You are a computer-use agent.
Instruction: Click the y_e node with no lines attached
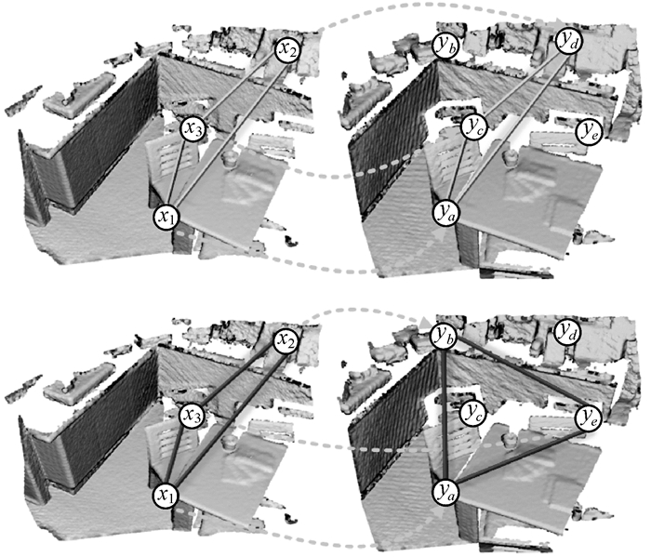pyautogui.click(x=589, y=131)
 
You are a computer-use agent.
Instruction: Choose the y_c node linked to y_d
pyautogui.click(x=473, y=126)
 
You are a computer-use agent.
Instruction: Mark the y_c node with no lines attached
pyautogui.click(x=473, y=412)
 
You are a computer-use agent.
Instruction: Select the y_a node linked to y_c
pyautogui.click(x=445, y=211)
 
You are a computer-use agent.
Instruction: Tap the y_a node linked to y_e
pyautogui.click(x=445, y=491)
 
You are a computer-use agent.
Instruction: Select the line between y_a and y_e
pyautogui.click(x=516, y=456)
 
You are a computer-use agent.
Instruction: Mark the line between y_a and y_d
pyautogui.click(x=509, y=124)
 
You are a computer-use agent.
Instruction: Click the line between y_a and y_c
pyautogui.click(x=459, y=168)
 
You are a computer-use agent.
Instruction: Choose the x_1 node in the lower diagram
pyautogui.click(x=166, y=495)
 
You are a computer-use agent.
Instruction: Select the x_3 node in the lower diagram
pyautogui.click(x=193, y=416)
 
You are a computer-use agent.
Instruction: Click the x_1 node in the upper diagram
pyautogui.click(x=166, y=217)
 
